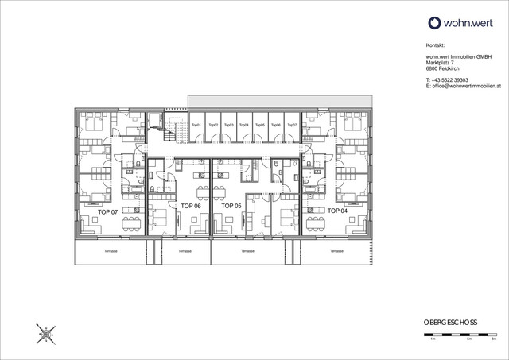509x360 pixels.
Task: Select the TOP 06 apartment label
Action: coord(191,205)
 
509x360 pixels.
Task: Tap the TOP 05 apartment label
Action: coord(231,205)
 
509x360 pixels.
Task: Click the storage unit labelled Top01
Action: coord(196,126)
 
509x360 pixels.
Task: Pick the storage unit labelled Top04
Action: coord(244,126)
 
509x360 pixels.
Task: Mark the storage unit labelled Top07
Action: coord(291,126)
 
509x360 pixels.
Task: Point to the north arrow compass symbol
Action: coord(45,334)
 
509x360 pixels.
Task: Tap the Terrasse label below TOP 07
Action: coord(111,251)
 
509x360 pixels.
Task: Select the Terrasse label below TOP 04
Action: coord(336,251)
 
